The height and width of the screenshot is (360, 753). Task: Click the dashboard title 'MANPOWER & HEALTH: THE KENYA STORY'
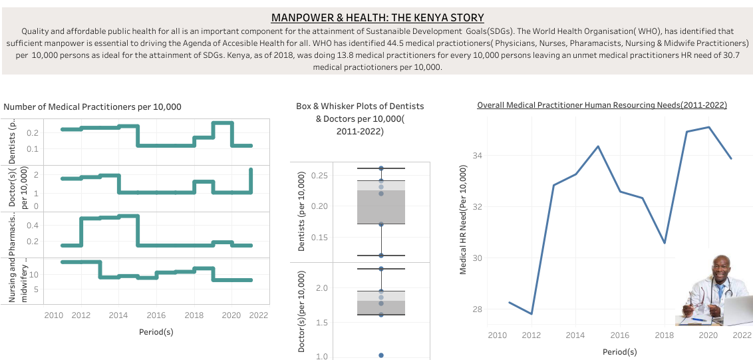[377, 18]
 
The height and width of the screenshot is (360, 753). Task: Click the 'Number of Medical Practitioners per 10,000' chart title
[92, 106]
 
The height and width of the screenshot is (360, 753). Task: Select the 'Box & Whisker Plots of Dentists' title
[360, 106]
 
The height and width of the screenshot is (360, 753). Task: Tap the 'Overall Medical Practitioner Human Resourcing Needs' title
[602, 105]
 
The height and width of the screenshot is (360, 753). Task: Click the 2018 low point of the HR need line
[664, 243]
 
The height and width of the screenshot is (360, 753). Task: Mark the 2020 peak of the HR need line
[709, 127]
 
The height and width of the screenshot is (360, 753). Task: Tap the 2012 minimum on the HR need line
[531, 313]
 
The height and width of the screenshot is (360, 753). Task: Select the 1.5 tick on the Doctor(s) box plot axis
[322, 323]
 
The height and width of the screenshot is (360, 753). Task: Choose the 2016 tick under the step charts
[156, 315]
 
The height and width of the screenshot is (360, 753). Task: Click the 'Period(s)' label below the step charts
[156, 331]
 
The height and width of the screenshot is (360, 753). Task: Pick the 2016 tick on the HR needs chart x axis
[620, 335]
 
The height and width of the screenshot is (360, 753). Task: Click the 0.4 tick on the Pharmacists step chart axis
[33, 226]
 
